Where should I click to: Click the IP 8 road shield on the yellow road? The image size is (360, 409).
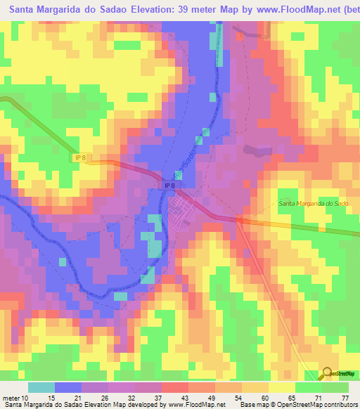point(82,158)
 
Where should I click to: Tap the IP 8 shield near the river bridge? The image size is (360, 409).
point(168,186)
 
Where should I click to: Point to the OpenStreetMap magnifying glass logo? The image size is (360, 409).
point(327,375)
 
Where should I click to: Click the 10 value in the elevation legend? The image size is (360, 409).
point(26,398)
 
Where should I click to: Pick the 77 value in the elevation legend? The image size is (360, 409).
point(344,398)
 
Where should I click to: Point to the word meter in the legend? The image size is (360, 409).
point(11,398)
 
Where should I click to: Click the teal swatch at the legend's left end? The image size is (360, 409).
point(41,387)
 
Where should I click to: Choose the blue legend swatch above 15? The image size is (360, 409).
point(68,387)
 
